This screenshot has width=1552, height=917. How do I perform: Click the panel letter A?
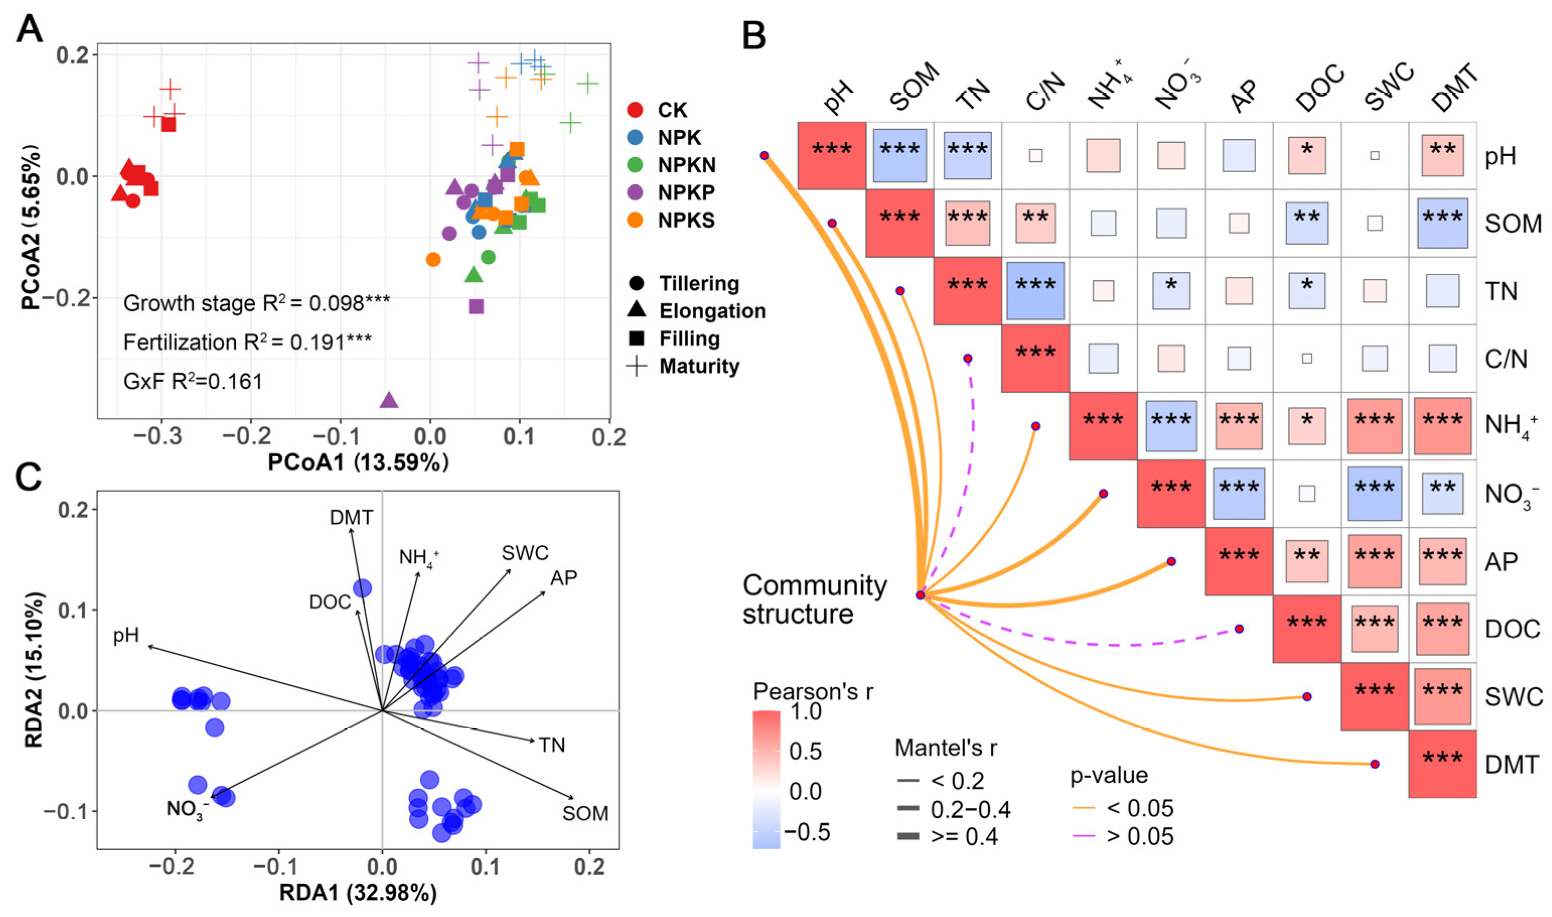pyautogui.click(x=29, y=29)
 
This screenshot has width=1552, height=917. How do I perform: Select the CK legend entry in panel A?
pyautogui.click(x=672, y=110)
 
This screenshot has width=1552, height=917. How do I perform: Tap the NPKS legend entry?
pyautogui.click(x=685, y=220)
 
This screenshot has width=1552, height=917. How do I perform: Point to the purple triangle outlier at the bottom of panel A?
pyautogui.click(x=389, y=400)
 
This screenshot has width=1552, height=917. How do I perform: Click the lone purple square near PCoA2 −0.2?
pyautogui.click(x=476, y=306)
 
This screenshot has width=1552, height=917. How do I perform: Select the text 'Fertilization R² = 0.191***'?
pyautogui.click(x=247, y=342)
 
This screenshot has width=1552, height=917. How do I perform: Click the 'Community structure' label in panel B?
pyautogui.click(x=814, y=599)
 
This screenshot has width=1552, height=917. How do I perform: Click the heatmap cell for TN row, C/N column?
pyautogui.click(x=1035, y=291)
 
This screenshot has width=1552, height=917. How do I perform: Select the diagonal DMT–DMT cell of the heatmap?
pyautogui.click(x=1442, y=764)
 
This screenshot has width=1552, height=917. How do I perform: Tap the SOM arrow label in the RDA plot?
pyautogui.click(x=585, y=813)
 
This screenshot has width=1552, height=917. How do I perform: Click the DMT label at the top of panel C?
pyautogui.click(x=351, y=517)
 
